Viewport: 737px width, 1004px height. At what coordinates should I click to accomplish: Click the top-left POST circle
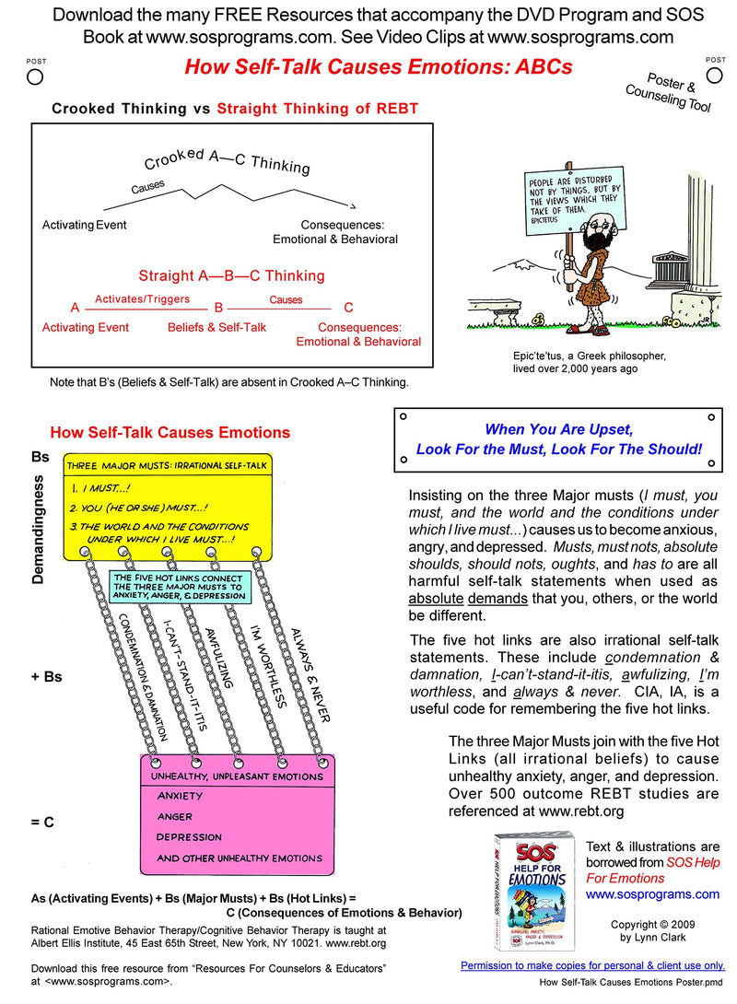tap(35, 76)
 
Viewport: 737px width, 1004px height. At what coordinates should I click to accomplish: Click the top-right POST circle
tap(715, 76)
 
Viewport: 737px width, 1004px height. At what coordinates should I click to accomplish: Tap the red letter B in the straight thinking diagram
tap(219, 308)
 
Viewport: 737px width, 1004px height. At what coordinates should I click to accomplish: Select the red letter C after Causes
tap(348, 308)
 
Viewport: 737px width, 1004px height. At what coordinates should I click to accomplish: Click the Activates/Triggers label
tap(142, 298)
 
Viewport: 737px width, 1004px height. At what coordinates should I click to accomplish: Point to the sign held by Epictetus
tap(573, 197)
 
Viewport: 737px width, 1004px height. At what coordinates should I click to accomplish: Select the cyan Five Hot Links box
tap(178, 585)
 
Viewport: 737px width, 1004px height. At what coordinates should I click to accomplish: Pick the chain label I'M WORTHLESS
tap(268, 666)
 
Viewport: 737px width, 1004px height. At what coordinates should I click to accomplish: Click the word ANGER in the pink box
tap(175, 816)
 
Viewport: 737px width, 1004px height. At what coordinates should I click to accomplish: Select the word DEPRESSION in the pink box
tap(189, 837)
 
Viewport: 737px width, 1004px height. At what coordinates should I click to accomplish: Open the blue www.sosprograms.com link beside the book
tap(652, 893)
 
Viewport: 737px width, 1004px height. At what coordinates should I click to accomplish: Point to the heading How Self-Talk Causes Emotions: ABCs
tap(379, 67)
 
